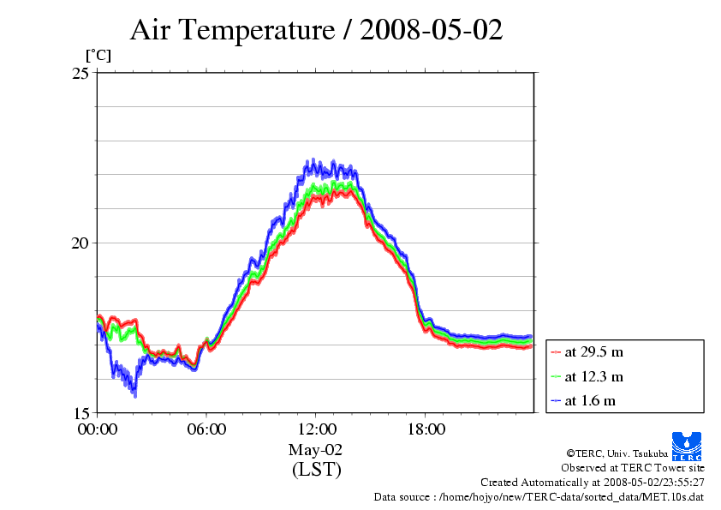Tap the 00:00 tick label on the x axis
(x=97, y=429)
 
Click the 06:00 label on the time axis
(x=206, y=429)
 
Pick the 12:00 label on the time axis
(x=316, y=429)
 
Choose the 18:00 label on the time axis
(x=426, y=429)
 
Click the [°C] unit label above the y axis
(x=98, y=55)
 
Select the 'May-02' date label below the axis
(x=316, y=449)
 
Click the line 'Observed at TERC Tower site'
(x=633, y=468)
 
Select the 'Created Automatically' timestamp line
(x=593, y=483)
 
